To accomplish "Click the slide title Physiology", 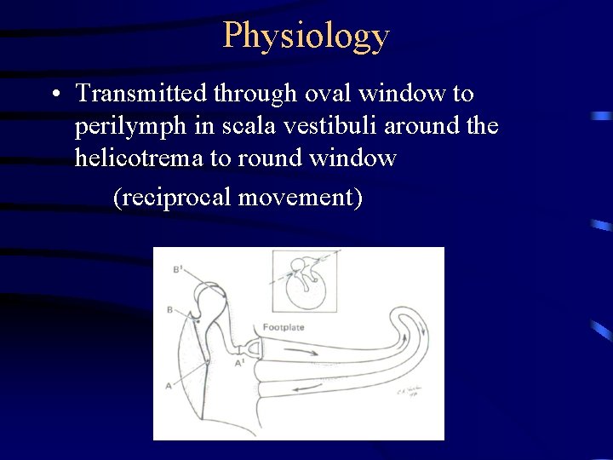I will click(x=306, y=36).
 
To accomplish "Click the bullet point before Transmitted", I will click(x=55, y=93).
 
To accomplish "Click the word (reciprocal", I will click(x=173, y=198).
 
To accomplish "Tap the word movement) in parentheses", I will click(x=301, y=198).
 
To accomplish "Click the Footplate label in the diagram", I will click(x=284, y=326).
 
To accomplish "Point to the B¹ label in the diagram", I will click(x=177, y=269).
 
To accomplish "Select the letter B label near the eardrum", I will click(x=170, y=310).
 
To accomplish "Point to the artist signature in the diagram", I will click(x=410, y=393).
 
